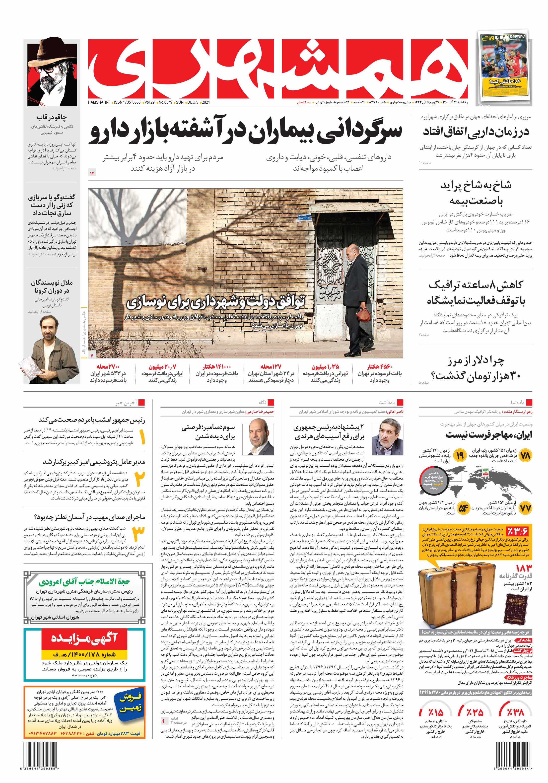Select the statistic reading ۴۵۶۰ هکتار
click(x=379, y=367)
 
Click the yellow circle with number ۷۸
click(x=525, y=455)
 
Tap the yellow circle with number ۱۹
click(x=460, y=455)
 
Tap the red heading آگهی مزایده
click(x=84, y=638)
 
